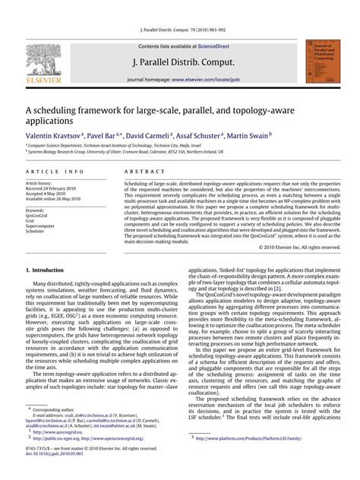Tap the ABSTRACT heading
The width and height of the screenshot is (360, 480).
138,173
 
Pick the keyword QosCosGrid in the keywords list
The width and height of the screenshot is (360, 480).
37,216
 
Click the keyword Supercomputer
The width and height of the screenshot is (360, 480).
39,226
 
